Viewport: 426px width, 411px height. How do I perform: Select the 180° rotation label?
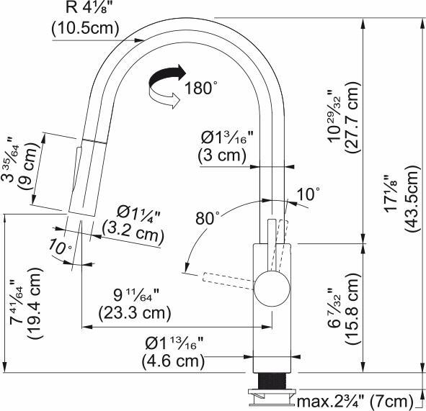click(200, 89)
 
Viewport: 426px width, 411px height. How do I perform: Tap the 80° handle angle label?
click(207, 217)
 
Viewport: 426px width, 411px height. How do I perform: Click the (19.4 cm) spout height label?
click(33, 308)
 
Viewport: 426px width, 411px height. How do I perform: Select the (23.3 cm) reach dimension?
click(126, 312)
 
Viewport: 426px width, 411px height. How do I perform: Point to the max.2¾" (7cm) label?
click(357, 400)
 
